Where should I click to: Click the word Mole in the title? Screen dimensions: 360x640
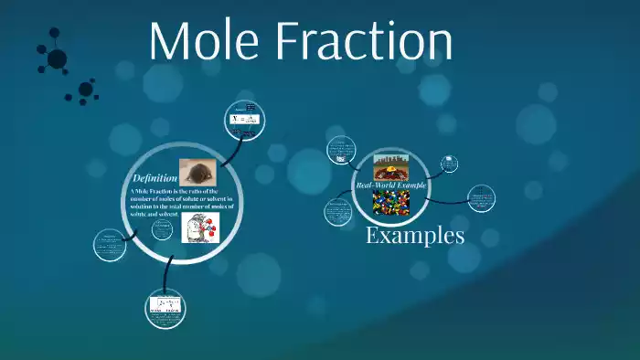coord(213,42)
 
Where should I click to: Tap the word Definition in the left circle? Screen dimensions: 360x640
coord(155,176)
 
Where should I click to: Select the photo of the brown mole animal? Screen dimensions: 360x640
coord(197,170)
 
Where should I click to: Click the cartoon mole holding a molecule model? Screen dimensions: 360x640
coord(201,227)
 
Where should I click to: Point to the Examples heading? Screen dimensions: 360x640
coord(414,235)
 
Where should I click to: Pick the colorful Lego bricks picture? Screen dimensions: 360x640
coord(390,202)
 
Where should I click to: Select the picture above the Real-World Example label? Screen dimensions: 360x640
coord(390,165)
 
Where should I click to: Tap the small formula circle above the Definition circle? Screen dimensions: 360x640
coord(246,119)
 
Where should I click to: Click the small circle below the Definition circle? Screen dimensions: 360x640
coord(167,307)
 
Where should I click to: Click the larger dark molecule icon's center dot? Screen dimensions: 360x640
coord(57,59)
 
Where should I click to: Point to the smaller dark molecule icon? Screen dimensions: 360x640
coord(85,90)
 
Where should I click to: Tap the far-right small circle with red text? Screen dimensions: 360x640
coord(481,198)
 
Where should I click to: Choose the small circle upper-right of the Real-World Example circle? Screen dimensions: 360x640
coord(449,164)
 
